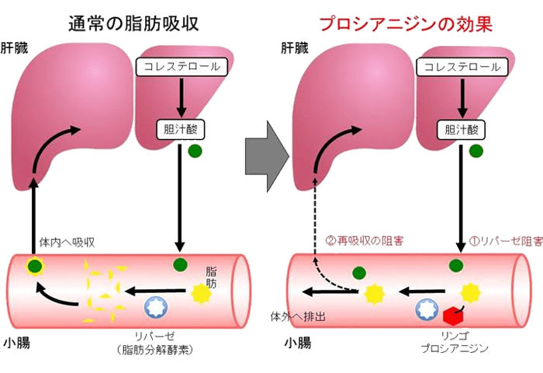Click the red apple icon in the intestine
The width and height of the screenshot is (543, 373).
coord(453,314)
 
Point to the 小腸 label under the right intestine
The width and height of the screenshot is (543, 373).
coord(297,343)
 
